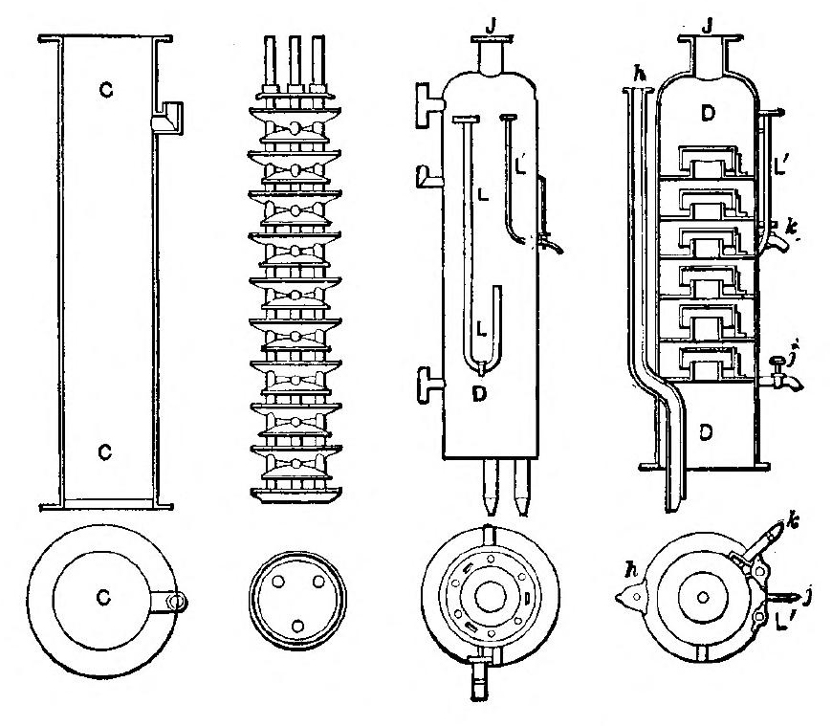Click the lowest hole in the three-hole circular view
(x=296, y=625)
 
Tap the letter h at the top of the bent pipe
(x=628, y=75)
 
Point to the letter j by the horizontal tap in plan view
(x=810, y=600)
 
